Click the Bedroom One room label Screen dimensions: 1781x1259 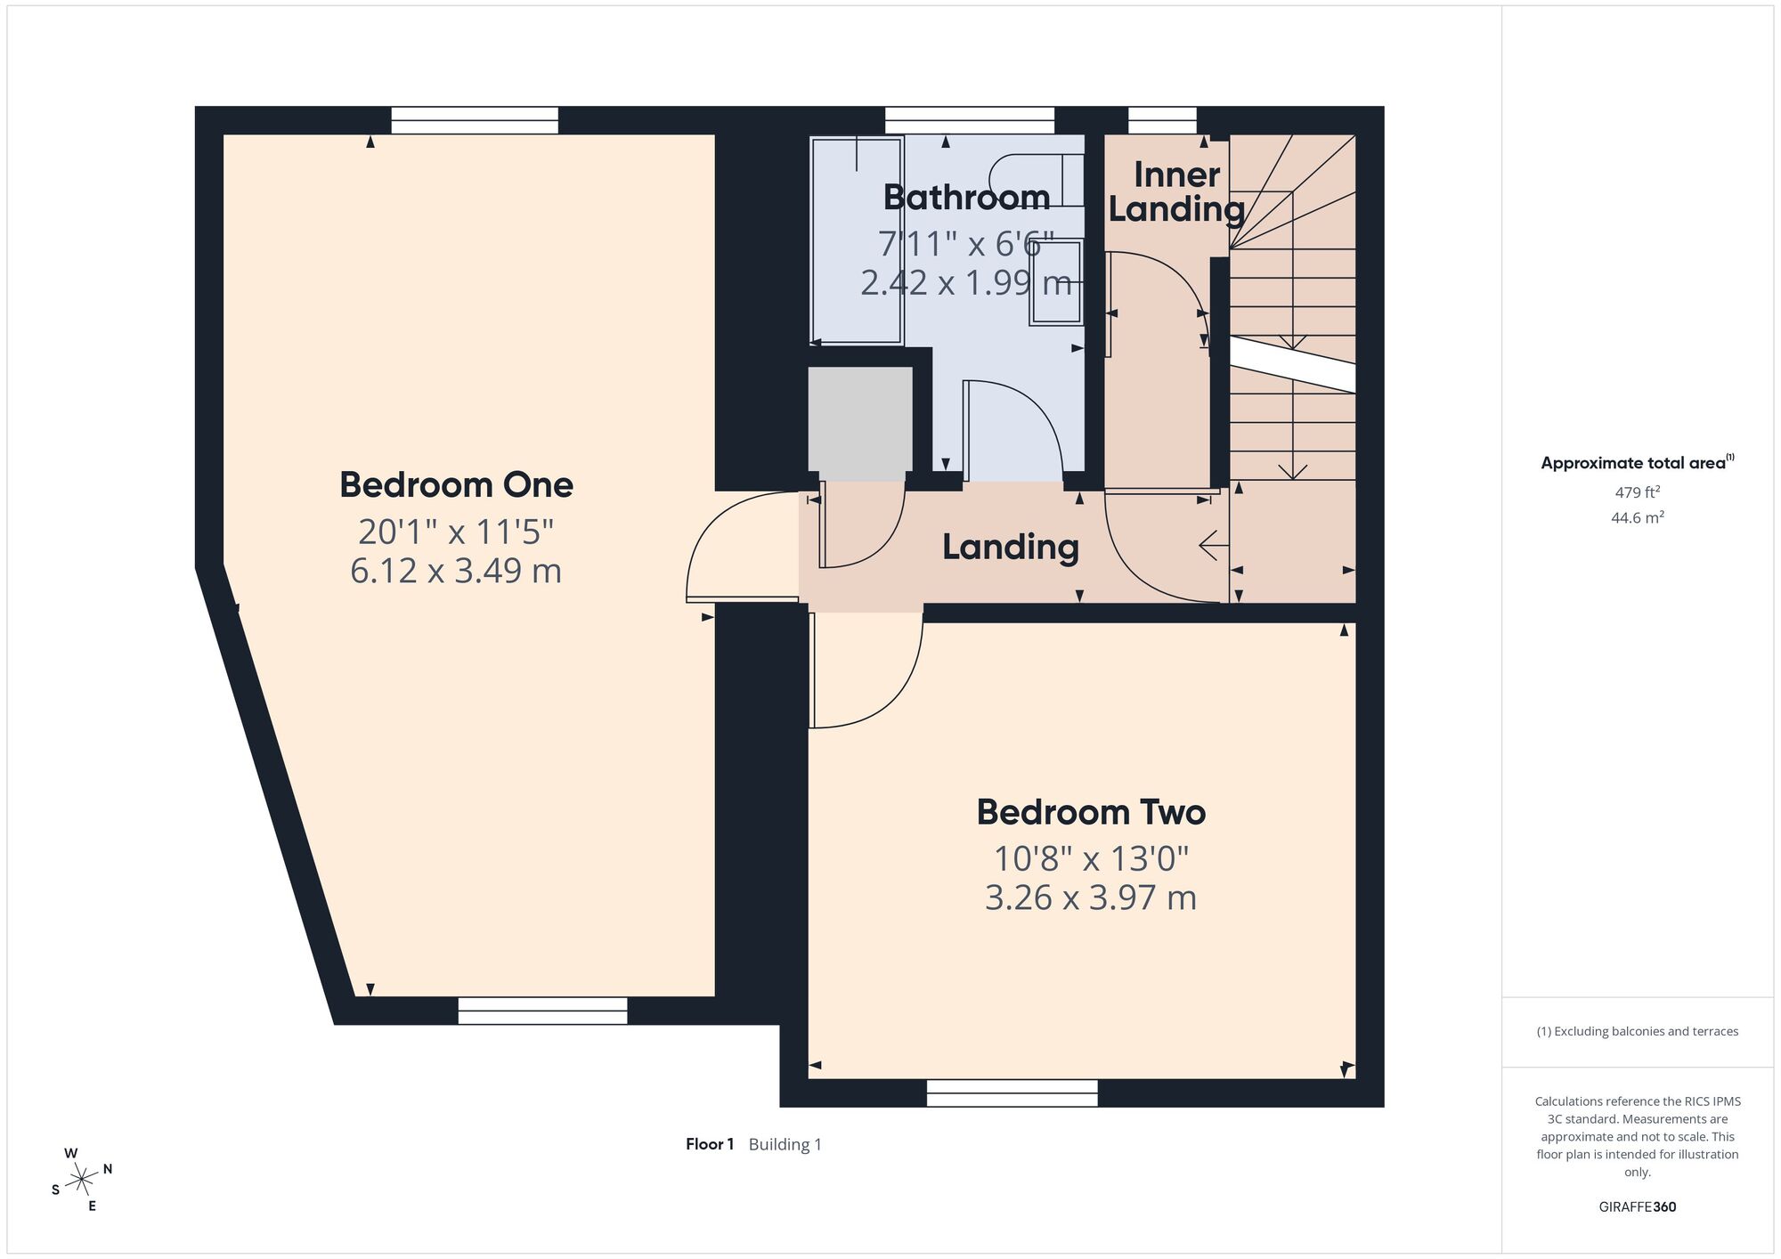click(x=456, y=485)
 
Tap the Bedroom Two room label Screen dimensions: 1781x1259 click(x=1091, y=813)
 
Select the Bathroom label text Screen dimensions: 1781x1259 click(x=966, y=198)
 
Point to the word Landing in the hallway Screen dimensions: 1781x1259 click(x=1011, y=548)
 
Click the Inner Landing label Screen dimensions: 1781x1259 click(x=1176, y=192)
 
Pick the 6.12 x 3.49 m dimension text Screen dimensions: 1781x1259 click(x=456, y=571)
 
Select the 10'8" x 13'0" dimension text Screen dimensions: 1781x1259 click(x=1091, y=859)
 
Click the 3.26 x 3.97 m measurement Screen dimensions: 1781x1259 click(x=1091, y=898)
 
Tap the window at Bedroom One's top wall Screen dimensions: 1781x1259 click(x=475, y=120)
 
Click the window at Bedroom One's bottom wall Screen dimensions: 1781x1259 click(x=542, y=1011)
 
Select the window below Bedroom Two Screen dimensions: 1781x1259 click(x=1012, y=1093)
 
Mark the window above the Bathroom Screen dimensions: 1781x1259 click(x=969, y=120)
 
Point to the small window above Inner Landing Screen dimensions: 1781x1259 click(x=1162, y=120)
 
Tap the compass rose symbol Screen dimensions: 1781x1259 click(x=81, y=1180)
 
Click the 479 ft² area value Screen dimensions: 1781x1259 click(x=1637, y=492)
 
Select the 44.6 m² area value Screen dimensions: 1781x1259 click(x=1637, y=517)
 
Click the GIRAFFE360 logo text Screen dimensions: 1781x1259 click(x=1637, y=1207)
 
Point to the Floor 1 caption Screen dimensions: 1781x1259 click(x=710, y=1144)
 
